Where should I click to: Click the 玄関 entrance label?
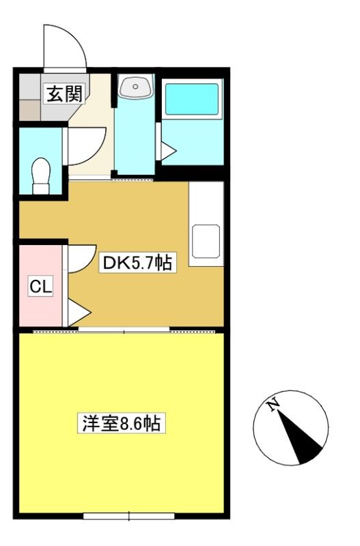(x=65, y=94)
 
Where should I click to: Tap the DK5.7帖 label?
(x=137, y=263)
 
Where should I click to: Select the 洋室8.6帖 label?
(x=122, y=423)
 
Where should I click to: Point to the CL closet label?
(x=41, y=286)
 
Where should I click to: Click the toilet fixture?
(x=41, y=176)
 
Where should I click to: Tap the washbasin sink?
(x=135, y=86)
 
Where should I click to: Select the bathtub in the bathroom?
(x=192, y=99)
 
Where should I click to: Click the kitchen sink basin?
(x=206, y=242)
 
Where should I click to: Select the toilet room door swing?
(x=87, y=146)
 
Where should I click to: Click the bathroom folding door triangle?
(x=168, y=151)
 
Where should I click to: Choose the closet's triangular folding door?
(x=79, y=312)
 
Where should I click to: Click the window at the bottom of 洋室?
(x=129, y=516)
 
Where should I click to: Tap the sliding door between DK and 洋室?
(x=124, y=330)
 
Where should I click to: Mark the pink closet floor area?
(x=41, y=286)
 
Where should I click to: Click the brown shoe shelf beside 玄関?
(x=29, y=111)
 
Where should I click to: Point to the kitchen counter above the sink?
(x=206, y=203)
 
